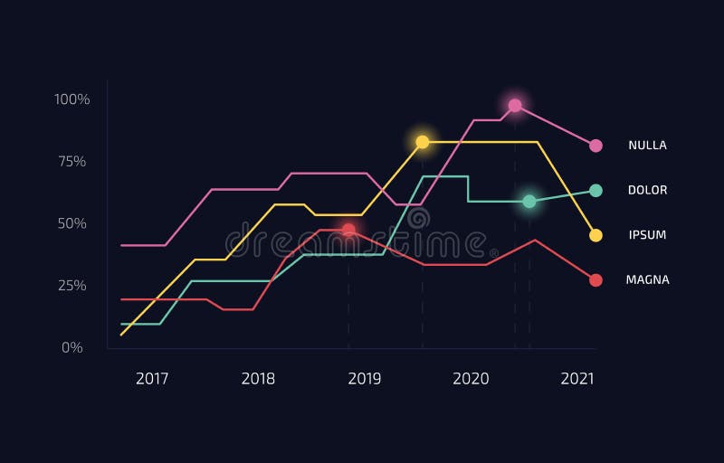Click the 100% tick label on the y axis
coord(72,99)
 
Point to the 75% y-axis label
coord(72,161)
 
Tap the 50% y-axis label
coord(72,223)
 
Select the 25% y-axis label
coord(72,286)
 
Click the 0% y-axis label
coord(72,347)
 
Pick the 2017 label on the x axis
coord(152,379)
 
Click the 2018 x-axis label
coord(258,379)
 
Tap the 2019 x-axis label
coord(365,379)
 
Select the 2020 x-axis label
coord(471,379)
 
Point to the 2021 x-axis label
coord(577,379)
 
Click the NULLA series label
coord(647,146)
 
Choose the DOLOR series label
coord(647,190)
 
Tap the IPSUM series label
coord(647,235)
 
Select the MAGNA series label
coord(647,279)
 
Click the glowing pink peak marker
coord(515,106)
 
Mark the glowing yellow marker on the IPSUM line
coord(422,142)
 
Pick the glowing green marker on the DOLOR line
coord(529,201)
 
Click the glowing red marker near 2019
coord(348,230)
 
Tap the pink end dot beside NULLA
coord(595,146)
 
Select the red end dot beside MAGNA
coord(595,280)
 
